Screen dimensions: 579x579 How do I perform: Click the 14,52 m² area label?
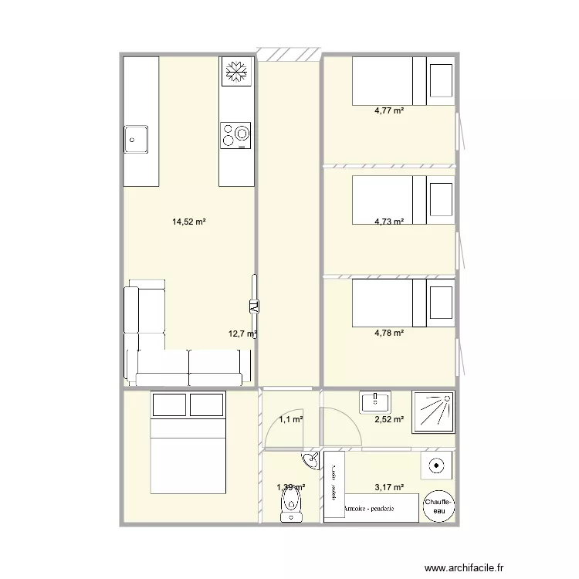coord(188,222)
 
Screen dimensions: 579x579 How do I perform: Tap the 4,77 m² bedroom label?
coord(389,110)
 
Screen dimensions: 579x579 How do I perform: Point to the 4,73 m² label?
coord(389,222)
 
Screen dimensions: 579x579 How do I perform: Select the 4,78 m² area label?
coord(389,334)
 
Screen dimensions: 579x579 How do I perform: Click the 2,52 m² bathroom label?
coord(389,420)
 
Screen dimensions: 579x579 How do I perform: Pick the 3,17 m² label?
coord(389,487)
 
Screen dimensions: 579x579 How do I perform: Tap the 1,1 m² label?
coord(290,419)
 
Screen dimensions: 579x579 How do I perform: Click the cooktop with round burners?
coord(235,135)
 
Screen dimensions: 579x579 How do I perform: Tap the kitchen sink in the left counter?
coord(137,140)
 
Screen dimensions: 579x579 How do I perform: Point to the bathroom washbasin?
coord(375,401)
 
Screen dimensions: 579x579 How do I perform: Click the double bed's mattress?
coord(188,455)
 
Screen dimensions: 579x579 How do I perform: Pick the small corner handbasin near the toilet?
coord(311,462)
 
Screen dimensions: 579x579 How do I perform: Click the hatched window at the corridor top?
coord(288,54)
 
